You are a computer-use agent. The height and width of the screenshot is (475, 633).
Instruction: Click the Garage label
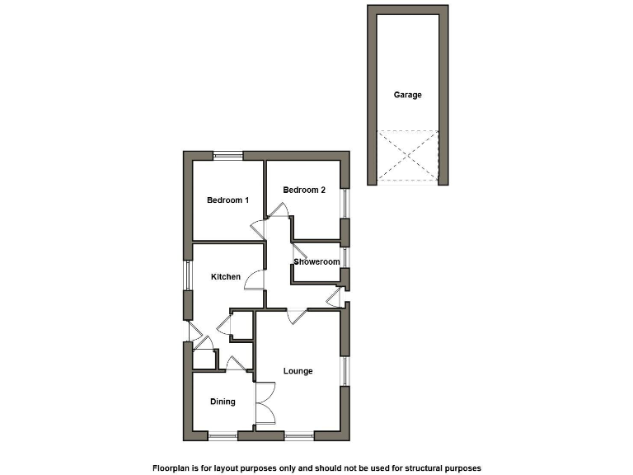pyautogui.click(x=407, y=95)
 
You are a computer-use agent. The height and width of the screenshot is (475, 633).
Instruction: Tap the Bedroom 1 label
pyautogui.click(x=227, y=200)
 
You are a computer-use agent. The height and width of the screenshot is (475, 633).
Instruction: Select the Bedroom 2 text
pyautogui.click(x=304, y=190)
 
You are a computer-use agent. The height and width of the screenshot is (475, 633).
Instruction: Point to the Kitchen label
pyautogui.click(x=226, y=276)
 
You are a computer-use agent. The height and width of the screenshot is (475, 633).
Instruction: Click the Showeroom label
pyautogui.click(x=317, y=262)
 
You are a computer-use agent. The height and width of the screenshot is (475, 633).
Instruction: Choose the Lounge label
pyautogui.click(x=298, y=371)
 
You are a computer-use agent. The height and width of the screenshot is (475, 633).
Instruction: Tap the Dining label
pyautogui.click(x=223, y=402)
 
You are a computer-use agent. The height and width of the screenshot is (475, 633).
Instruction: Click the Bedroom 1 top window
pyautogui.click(x=228, y=154)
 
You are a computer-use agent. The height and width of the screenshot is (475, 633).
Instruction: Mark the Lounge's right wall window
pyautogui.click(x=345, y=370)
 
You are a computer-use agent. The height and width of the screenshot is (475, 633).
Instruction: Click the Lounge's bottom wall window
pyautogui.click(x=299, y=435)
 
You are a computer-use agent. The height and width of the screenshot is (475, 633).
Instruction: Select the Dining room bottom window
pyautogui.click(x=223, y=435)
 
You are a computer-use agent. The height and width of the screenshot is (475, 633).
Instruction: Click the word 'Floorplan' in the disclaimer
pyautogui.click(x=174, y=468)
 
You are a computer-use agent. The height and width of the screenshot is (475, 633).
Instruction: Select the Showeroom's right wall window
pyautogui.click(x=345, y=257)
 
